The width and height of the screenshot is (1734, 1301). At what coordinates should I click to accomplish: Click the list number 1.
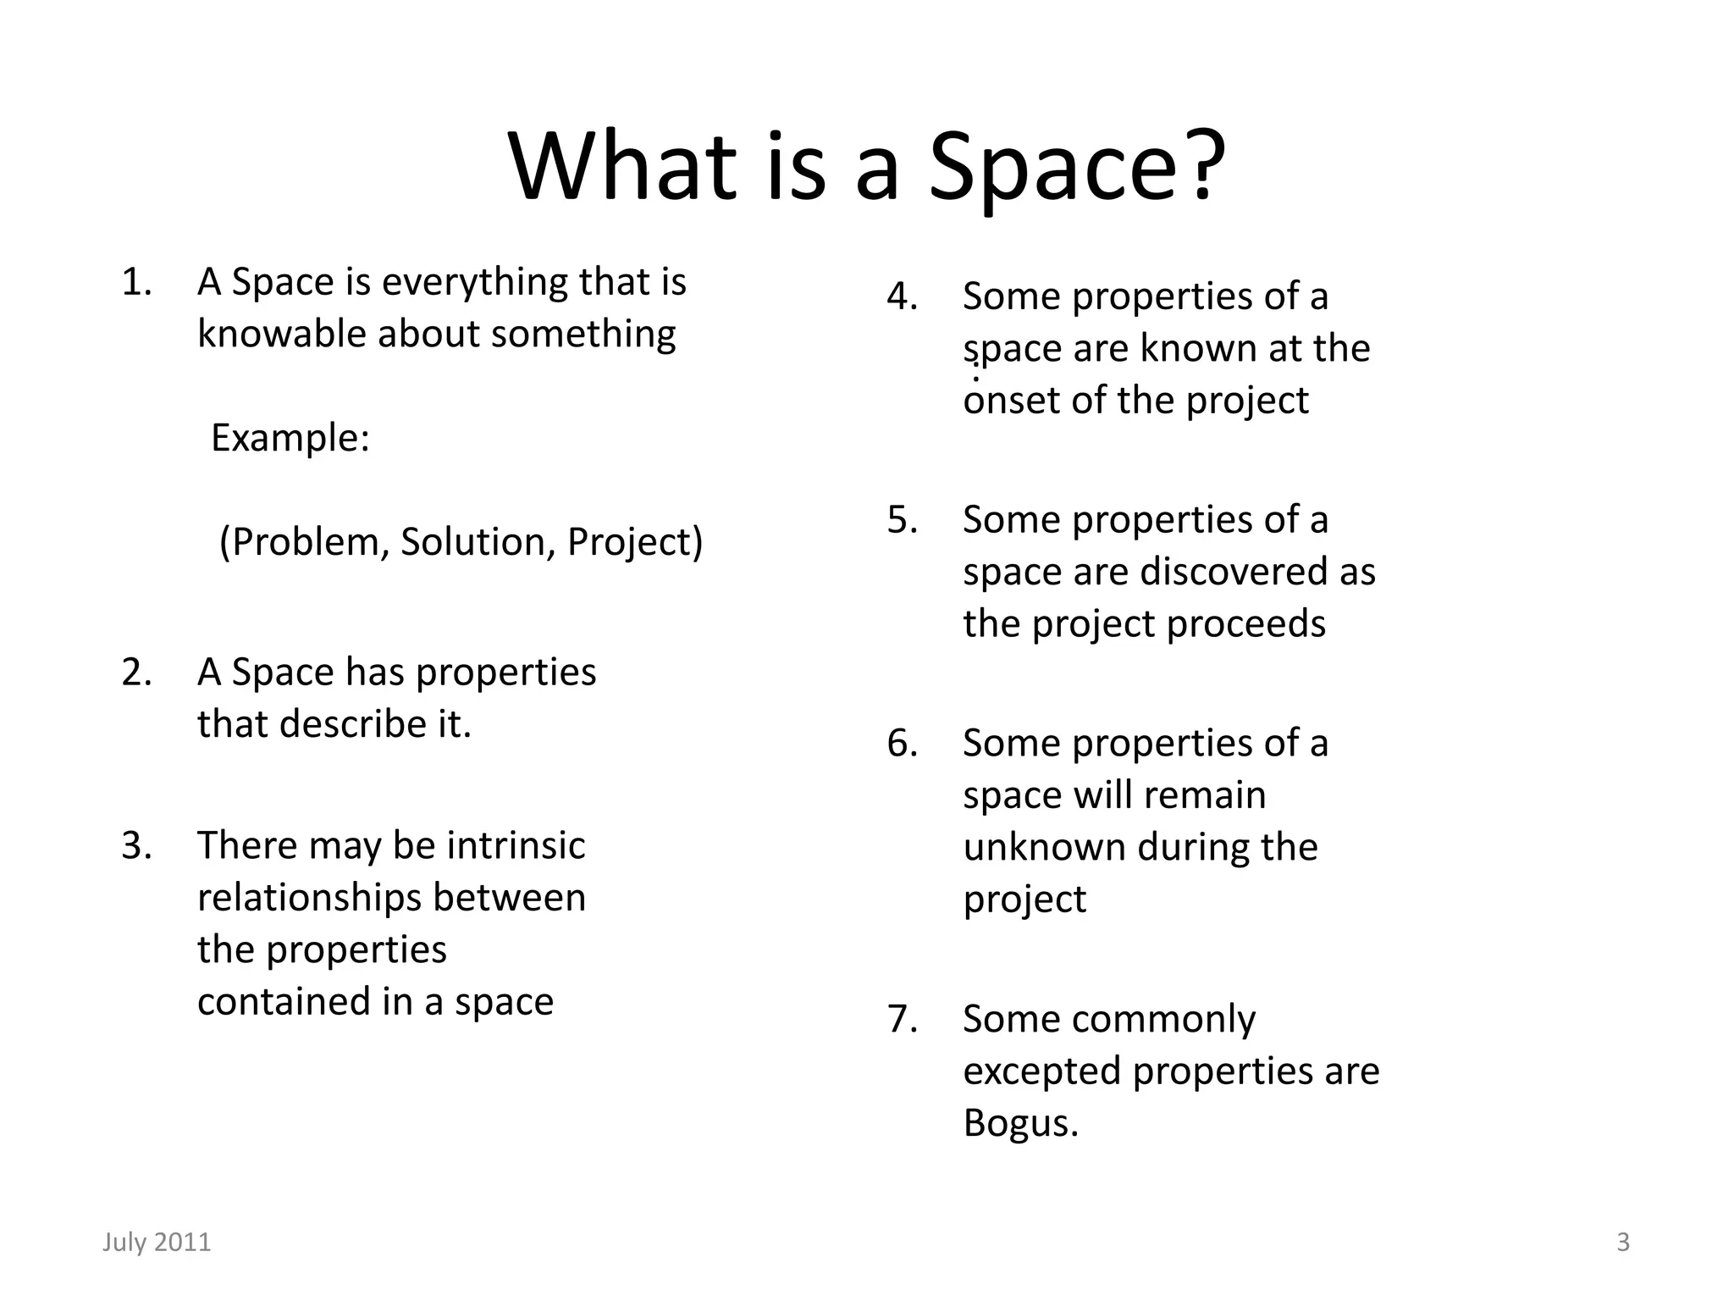coord(135,282)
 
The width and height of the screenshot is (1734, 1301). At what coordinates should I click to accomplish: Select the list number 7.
coord(902,1019)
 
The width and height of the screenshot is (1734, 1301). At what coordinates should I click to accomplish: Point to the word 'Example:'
coord(290,438)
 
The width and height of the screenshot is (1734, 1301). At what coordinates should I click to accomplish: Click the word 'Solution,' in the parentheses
coord(478,542)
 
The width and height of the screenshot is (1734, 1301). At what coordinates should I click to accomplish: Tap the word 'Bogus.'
coord(1020,1123)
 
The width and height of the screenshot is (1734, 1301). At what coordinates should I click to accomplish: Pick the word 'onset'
coord(1011,401)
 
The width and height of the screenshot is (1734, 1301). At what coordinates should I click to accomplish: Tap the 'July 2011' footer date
coord(157,1242)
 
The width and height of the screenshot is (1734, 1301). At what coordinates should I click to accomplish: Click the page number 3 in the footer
coord(1623,1242)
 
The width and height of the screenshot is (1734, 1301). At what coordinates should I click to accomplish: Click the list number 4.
coord(902,296)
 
